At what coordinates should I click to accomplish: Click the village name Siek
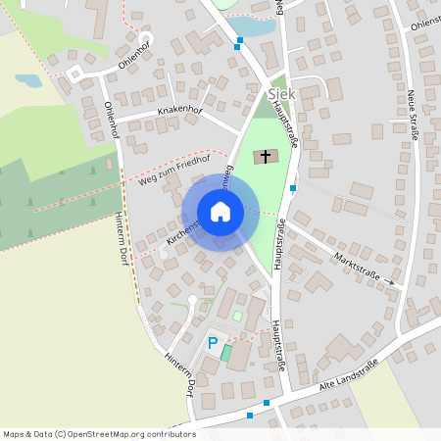click(x=280, y=93)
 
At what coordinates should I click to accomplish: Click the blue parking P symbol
click(x=212, y=344)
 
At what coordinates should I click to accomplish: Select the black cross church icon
click(x=265, y=156)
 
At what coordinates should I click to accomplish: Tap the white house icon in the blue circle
click(x=220, y=212)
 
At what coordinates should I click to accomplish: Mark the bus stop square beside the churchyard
click(x=293, y=189)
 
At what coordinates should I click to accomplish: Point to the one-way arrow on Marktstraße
click(x=389, y=282)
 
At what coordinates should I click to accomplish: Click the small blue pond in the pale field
click(x=28, y=80)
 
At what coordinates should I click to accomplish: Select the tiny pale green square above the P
click(x=237, y=316)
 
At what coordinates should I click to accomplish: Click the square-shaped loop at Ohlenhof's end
click(x=74, y=73)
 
